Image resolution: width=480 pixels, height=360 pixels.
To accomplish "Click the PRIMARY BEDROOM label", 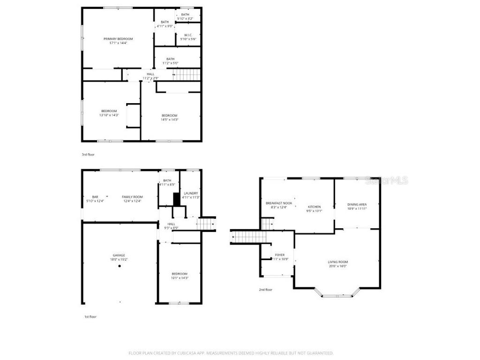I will click(x=118, y=39).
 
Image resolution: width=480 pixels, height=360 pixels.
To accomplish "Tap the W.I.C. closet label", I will click(x=188, y=35).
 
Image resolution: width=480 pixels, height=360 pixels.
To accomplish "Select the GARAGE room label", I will click(x=119, y=255).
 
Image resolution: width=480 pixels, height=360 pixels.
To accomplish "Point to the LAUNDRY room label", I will click(x=191, y=193).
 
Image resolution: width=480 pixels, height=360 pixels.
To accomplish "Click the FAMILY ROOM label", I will click(x=132, y=197).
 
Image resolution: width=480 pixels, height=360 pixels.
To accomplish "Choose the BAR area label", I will click(x=95, y=197).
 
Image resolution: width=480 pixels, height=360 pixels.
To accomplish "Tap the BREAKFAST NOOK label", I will click(x=278, y=203).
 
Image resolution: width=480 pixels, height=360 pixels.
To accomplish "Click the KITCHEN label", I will click(x=314, y=207).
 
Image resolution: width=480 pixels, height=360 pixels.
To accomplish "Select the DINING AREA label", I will click(x=357, y=204).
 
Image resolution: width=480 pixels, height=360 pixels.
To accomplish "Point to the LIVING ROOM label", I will click(x=337, y=262).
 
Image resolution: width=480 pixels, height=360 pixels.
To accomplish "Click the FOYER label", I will click(x=280, y=255).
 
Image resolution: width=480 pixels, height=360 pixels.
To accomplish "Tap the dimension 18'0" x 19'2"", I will click(x=119, y=259).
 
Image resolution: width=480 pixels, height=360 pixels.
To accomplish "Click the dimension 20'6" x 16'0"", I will click(x=337, y=266).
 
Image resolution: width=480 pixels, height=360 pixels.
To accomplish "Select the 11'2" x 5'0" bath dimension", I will click(x=170, y=63).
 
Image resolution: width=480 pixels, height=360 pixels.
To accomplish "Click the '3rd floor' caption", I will click(x=88, y=154).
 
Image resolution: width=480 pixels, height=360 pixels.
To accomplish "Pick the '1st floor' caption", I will click(x=90, y=317).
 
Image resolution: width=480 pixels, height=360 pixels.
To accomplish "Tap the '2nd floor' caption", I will click(x=265, y=290).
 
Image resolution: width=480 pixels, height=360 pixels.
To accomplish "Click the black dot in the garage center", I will click(x=119, y=266).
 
